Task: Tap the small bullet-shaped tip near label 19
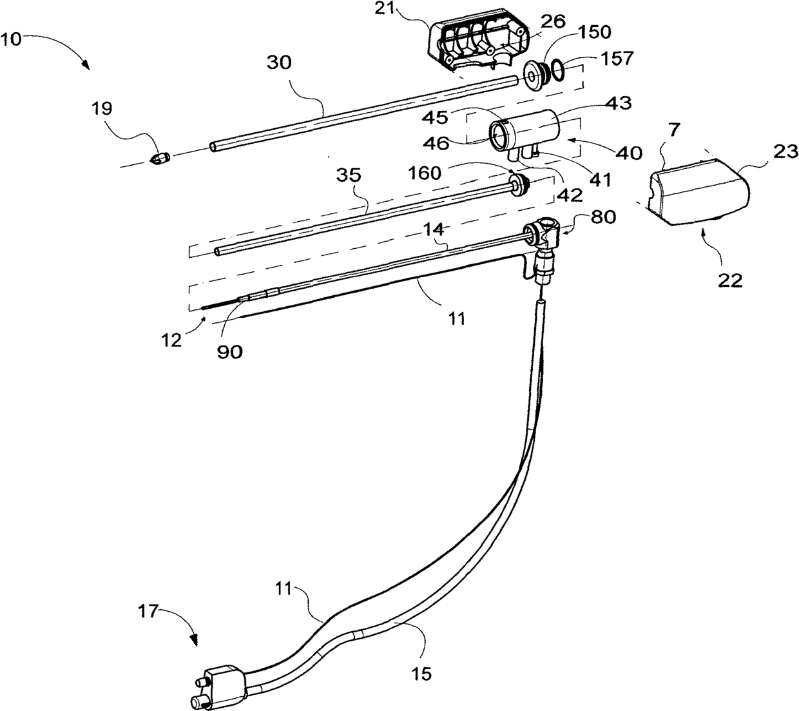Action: pos(159,159)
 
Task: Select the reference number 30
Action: pos(278,63)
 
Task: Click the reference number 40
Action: pos(628,153)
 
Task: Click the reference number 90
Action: pos(230,352)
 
